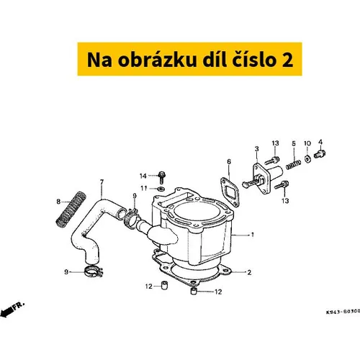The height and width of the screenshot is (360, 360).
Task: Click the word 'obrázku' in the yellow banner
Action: coord(157,59)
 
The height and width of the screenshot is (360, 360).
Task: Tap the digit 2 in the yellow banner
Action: coord(287,60)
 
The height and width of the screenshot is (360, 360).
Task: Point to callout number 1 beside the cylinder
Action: coord(252,235)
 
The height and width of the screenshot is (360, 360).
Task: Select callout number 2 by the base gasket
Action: coord(249,272)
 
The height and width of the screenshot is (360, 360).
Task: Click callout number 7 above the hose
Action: coord(102,182)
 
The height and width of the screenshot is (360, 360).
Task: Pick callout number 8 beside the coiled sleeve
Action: coord(58,202)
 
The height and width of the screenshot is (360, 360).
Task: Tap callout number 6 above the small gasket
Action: coord(229,161)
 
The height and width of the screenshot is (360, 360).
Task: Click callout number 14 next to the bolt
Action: coord(143,176)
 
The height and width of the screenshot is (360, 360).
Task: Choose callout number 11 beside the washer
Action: coord(144,188)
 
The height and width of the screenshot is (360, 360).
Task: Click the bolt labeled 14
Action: coord(162,178)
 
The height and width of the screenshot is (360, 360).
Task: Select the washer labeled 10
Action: coord(307,158)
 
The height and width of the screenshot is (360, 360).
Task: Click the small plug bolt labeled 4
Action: coord(320,153)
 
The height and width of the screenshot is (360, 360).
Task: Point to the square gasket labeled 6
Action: coord(230,192)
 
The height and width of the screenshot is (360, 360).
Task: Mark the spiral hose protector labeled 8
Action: coord(71,210)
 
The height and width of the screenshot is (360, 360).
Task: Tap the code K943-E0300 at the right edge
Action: coord(343,312)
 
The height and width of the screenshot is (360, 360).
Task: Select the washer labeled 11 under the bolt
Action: coord(161,189)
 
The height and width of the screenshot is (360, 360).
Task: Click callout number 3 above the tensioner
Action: coord(257,149)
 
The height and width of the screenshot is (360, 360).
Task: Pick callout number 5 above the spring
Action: coord(294,143)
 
